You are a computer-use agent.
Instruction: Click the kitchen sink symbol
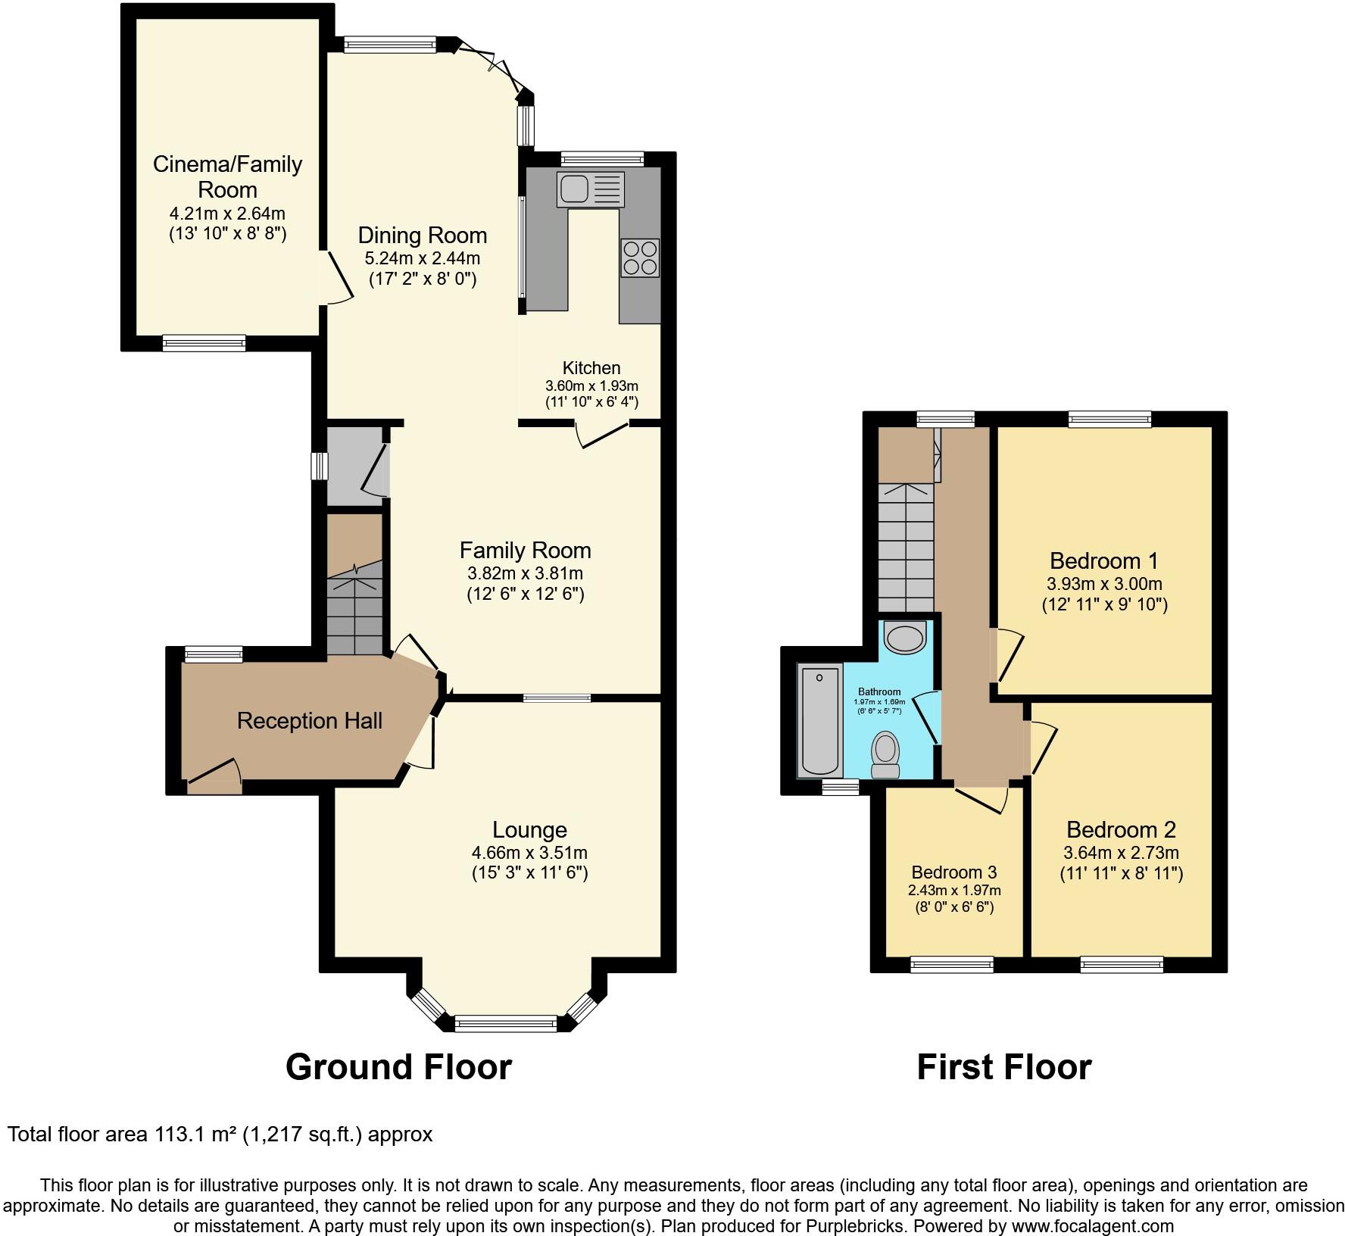(x=590, y=189)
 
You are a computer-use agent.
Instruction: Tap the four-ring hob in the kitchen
(x=639, y=257)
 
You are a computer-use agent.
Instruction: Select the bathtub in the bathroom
(x=819, y=720)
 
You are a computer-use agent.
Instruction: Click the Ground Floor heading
(x=398, y=1066)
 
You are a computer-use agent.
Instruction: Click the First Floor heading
(x=1003, y=1066)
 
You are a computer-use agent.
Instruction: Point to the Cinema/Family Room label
(x=227, y=176)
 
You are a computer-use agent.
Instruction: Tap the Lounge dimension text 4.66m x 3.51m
(x=529, y=852)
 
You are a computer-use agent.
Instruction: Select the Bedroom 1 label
(x=1103, y=560)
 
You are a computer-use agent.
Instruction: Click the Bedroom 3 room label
(x=953, y=872)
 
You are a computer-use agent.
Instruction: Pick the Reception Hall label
(x=309, y=720)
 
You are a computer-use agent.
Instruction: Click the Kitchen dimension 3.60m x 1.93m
(x=591, y=385)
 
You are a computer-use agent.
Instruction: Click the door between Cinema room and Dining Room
(x=337, y=276)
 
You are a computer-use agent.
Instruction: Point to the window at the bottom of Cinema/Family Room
(x=204, y=343)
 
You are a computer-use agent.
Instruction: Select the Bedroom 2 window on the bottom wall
(x=1121, y=964)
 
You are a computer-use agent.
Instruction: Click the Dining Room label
(x=422, y=235)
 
